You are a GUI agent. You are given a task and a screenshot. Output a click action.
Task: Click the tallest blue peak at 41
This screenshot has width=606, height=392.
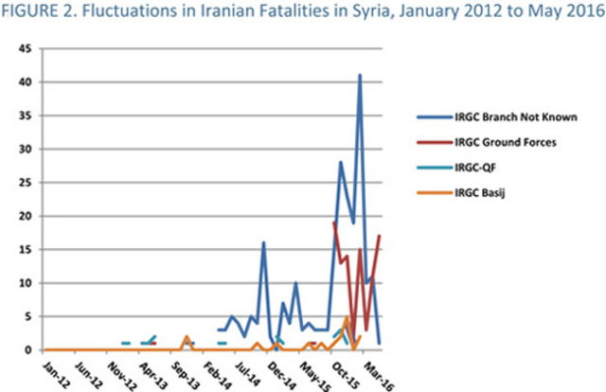coord(360,75)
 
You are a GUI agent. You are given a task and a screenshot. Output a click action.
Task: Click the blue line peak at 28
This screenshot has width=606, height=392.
coord(341,162)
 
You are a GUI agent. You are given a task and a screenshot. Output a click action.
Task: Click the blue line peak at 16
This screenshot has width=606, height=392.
coord(264,242)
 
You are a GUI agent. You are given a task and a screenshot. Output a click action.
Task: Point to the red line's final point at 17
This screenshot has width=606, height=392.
coord(380,236)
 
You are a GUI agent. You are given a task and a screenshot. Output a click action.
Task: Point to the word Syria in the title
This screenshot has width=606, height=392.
coord(351,11)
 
